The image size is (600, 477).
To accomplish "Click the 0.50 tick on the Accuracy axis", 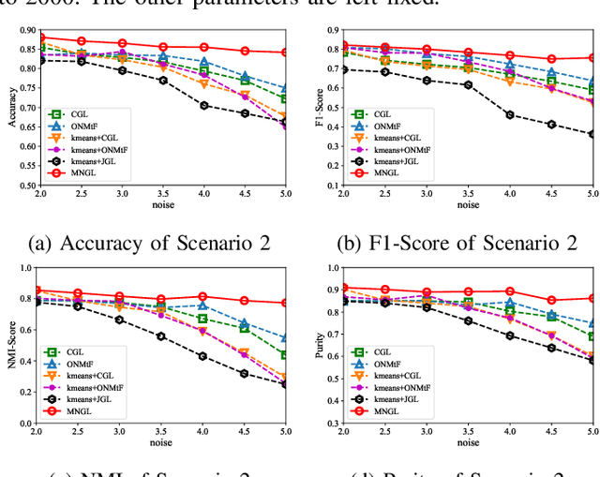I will [x=22, y=186].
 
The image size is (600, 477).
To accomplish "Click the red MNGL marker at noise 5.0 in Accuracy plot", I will [x=286, y=52].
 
